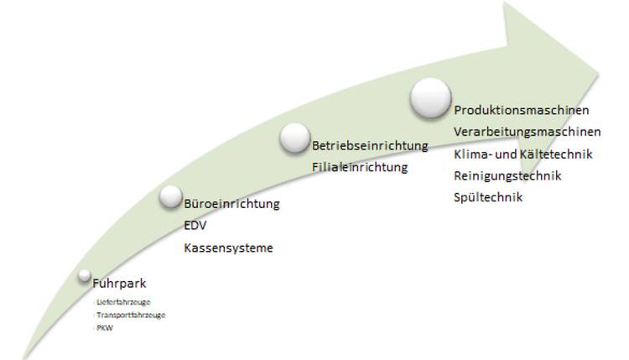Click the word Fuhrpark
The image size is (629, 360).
tap(118, 284)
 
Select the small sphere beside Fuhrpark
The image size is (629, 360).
tap(84, 274)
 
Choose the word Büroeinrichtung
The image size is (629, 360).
tap(231, 205)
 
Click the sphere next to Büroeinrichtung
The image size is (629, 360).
tap(170, 196)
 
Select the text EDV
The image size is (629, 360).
tap(195, 227)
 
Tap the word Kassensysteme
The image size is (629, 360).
tap(228, 248)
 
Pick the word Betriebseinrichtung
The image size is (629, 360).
tap(369, 145)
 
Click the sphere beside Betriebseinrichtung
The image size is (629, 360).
tap(294, 138)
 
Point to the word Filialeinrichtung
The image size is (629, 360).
tap(359, 167)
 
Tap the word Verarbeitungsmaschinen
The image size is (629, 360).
tap(527, 133)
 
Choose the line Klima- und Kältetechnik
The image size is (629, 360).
tap(522, 154)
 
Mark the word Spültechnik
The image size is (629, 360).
tap(487, 198)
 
